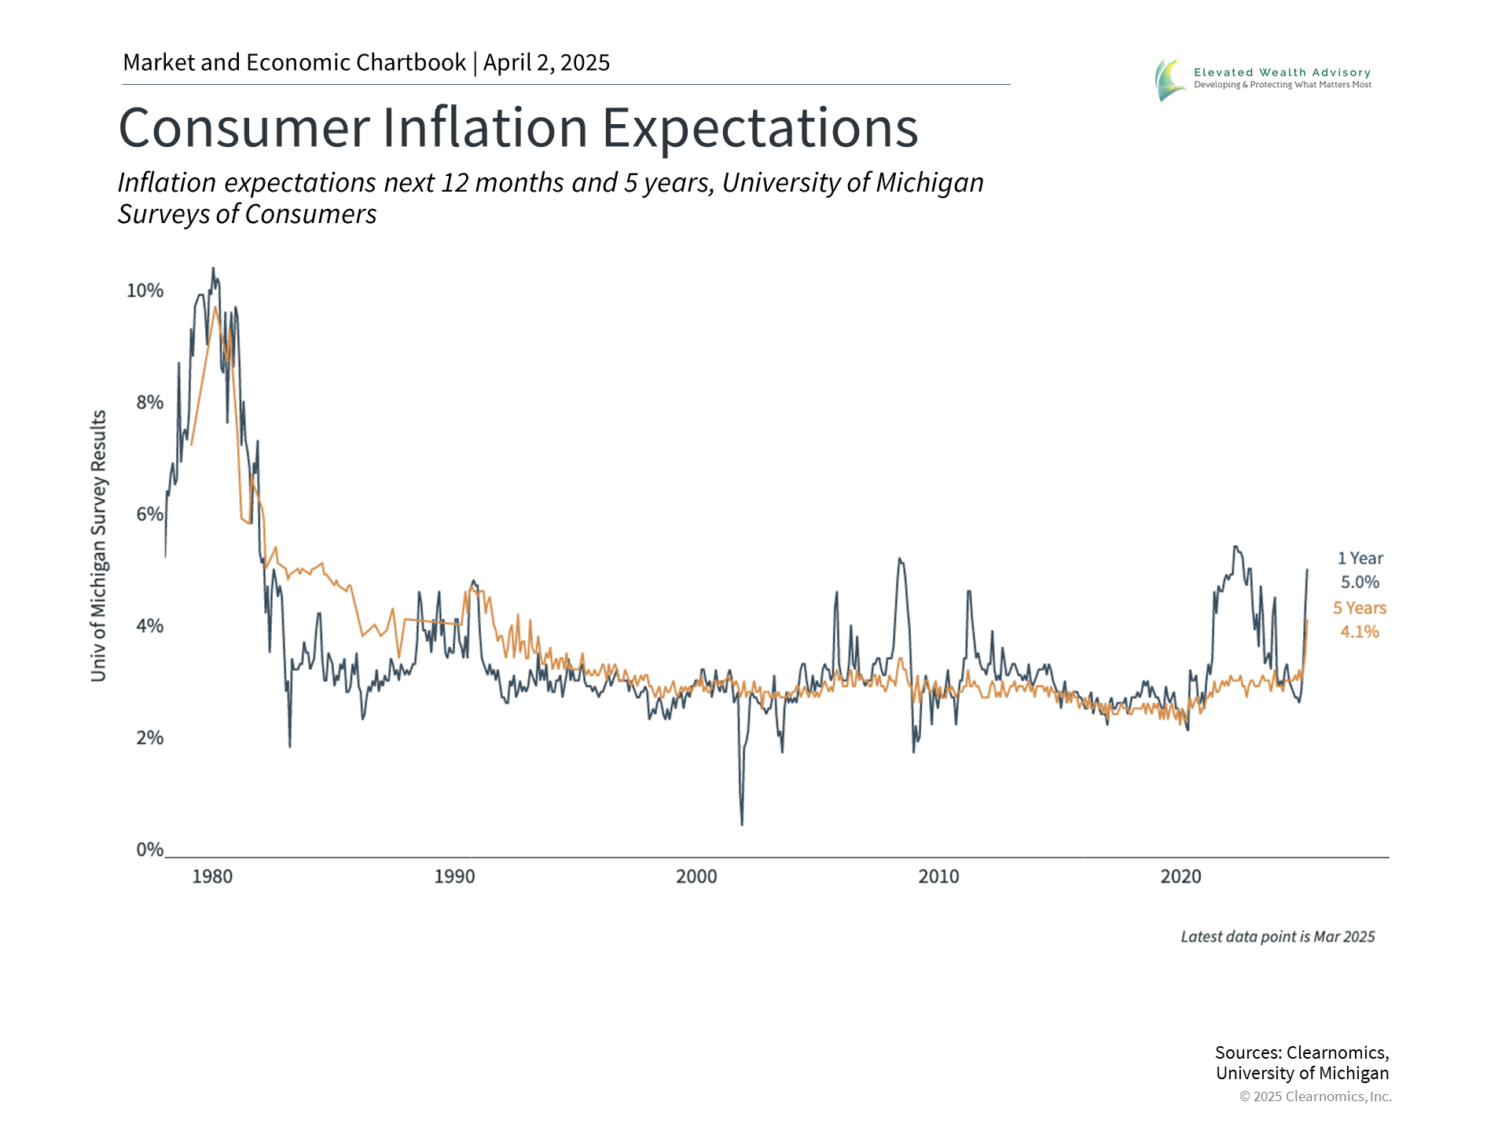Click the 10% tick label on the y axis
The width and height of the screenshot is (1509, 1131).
[x=145, y=291]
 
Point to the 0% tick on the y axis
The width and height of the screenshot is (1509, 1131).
[x=149, y=849]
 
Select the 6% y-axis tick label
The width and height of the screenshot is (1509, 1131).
[x=149, y=514]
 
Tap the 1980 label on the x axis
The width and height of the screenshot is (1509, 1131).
[x=212, y=877]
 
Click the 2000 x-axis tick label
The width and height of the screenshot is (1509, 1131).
[x=696, y=877]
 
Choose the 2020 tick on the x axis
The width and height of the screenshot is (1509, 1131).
[x=1180, y=877]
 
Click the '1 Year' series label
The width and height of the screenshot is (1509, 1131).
[x=1360, y=558]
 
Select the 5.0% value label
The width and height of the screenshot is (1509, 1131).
[x=1360, y=582]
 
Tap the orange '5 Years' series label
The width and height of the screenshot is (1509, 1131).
[x=1360, y=608]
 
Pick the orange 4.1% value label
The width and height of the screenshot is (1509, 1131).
[x=1360, y=631]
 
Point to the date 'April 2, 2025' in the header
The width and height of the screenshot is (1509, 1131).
[x=546, y=63]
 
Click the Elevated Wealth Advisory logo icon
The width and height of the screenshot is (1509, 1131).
[x=1169, y=79]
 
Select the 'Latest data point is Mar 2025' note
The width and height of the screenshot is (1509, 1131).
[x=1278, y=937]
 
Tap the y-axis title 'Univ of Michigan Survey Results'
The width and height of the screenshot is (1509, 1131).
[x=98, y=546]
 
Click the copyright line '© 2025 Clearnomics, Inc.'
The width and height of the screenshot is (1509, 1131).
[x=1316, y=1096]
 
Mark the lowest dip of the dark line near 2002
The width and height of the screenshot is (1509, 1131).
[x=742, y=824]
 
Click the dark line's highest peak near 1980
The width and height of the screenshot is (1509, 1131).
[x=212, y=269]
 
